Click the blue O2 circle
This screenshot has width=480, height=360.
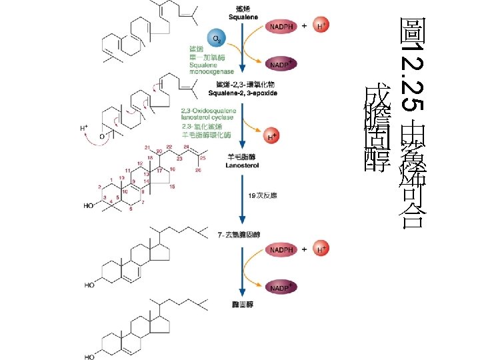pos(215,38)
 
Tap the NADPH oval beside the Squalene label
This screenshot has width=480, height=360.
pos(281,27)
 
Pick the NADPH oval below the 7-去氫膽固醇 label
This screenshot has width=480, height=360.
pos(281,250)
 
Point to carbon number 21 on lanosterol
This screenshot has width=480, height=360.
pos(147,147)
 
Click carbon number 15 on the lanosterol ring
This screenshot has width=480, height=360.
pos(172,187)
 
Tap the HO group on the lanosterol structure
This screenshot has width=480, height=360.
pos(89,207)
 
